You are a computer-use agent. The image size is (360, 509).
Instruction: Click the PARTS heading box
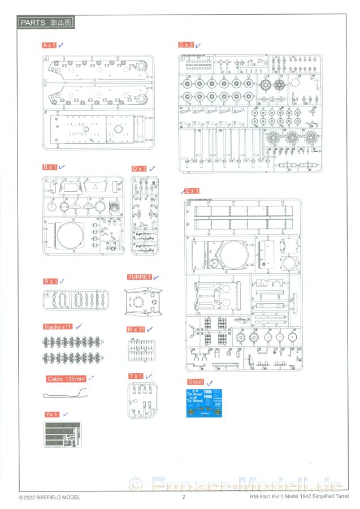(x=46, y=23)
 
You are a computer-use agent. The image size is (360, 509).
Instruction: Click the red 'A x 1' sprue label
(x=49, y=45)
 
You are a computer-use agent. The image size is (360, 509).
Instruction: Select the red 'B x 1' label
(x=50, y=167)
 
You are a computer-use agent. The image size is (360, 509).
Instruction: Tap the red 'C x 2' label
(x=186, y=45)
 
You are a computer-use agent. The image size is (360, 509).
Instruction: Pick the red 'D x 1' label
(x=139, y=169)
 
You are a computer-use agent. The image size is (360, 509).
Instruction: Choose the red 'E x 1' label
(x=192, y=191)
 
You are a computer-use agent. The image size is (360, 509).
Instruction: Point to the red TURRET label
(x=140, y=277)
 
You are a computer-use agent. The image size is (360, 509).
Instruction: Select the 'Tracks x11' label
(x=58, y=327)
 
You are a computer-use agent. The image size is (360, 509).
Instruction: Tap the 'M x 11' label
(x=136, y=329)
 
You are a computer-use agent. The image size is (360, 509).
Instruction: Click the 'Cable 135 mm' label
(x=66, y=378)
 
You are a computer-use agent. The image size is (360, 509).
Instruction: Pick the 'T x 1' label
(x=136, y=376)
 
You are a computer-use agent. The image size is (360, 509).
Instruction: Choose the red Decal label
(x=195, y=382)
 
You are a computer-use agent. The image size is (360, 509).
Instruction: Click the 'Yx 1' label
(x=51, y=415)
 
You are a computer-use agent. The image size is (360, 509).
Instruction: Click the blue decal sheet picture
(x=203, y=404)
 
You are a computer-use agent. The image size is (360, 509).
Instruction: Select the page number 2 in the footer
(x=184, y=497)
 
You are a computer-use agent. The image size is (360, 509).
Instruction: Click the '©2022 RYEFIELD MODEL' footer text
(x=50, y=497)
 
